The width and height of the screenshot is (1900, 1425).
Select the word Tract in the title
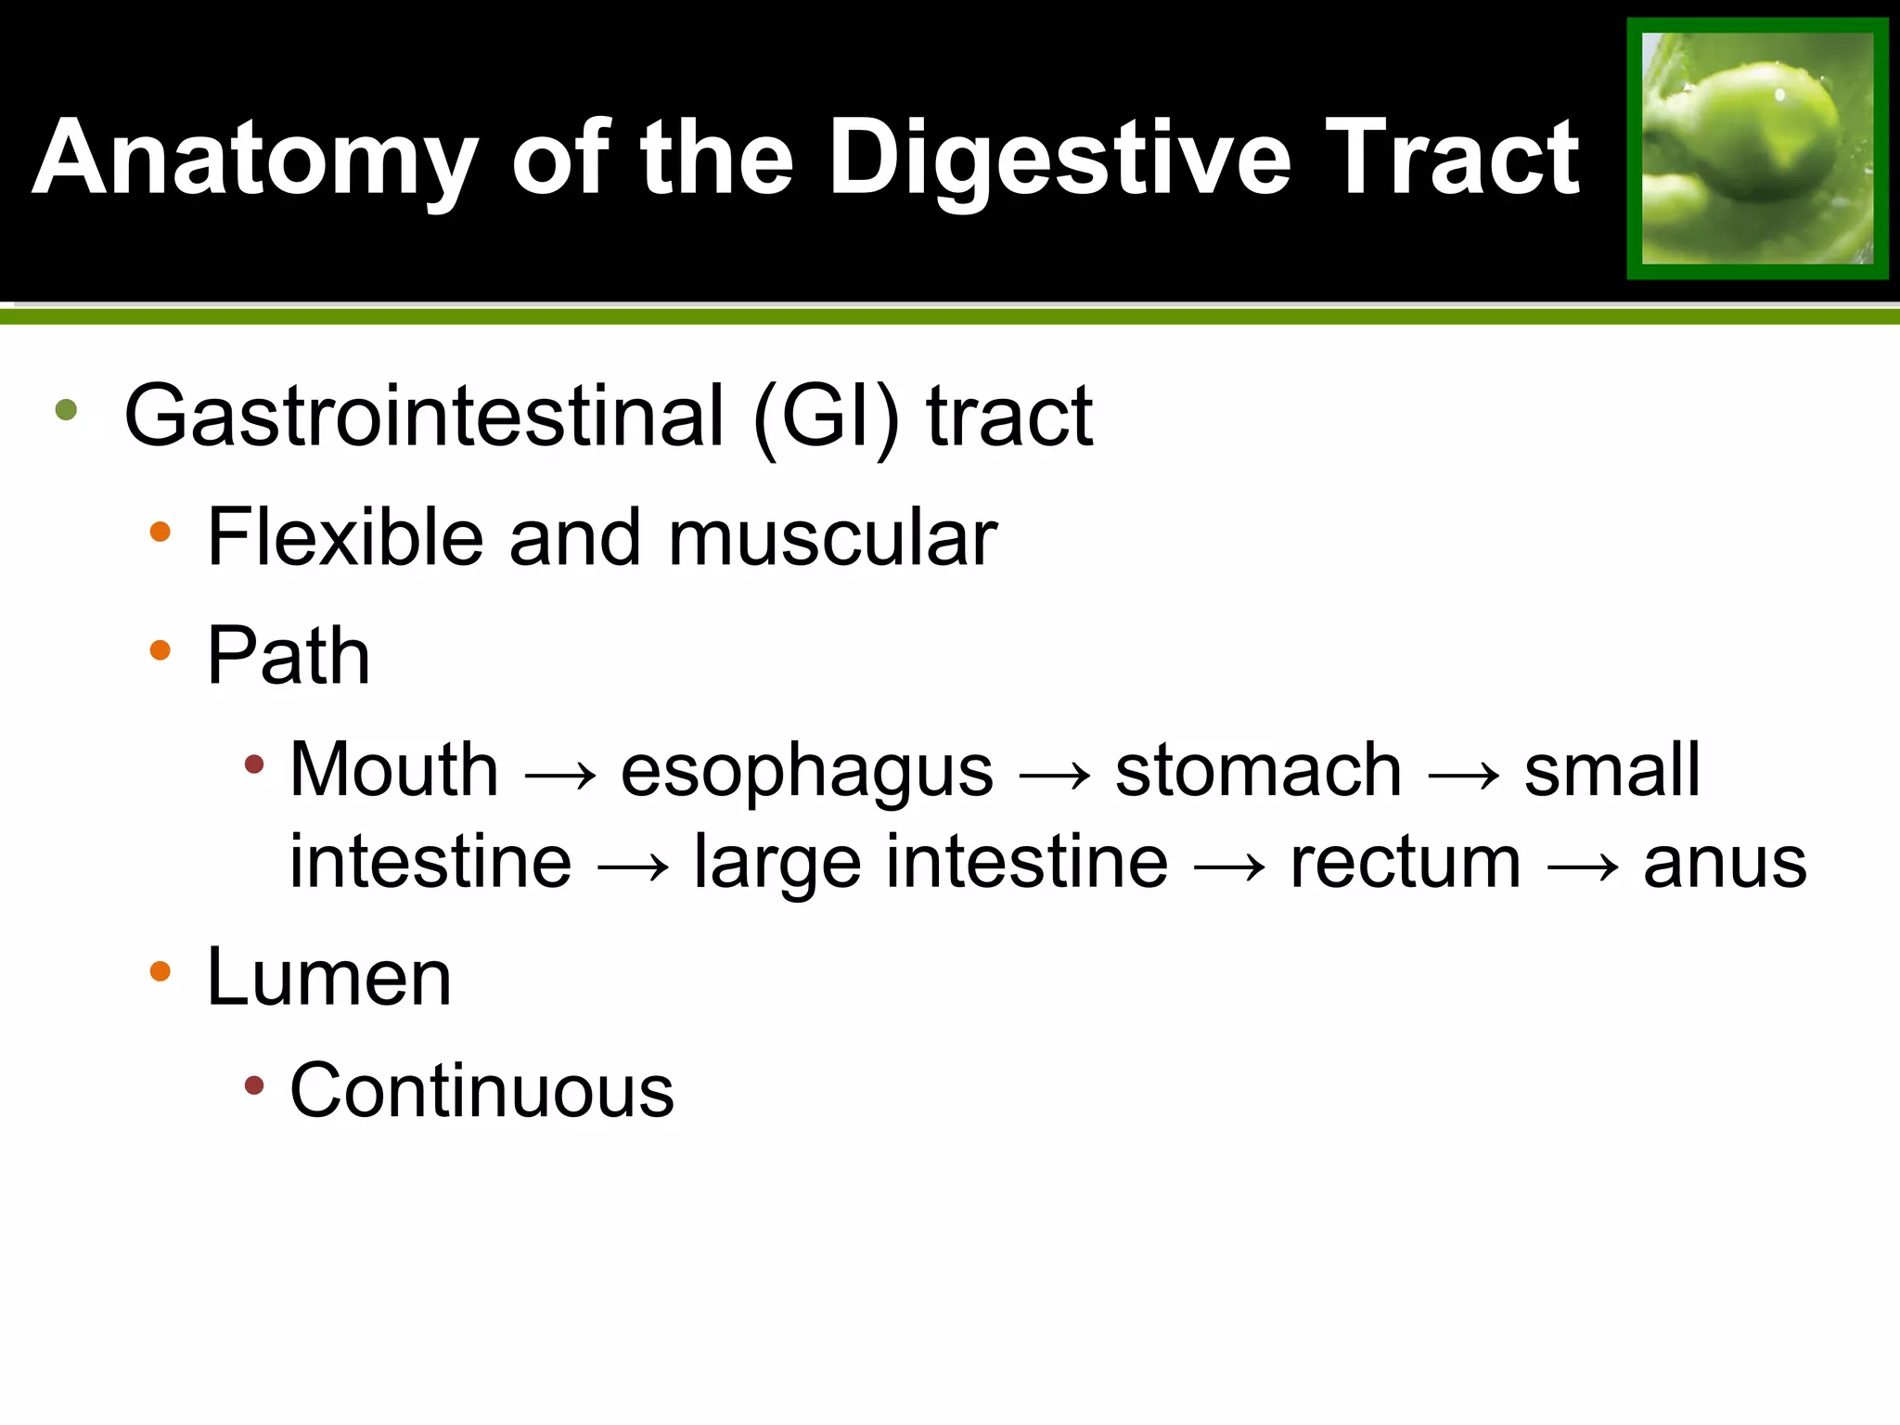(1452, 160)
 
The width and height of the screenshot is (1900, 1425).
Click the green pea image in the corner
(1757, 148)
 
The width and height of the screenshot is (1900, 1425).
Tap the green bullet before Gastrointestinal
(66, 409)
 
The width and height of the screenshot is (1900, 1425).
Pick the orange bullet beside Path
(160, 650)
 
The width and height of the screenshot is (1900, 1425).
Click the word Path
(289, 656)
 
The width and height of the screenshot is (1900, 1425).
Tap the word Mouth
(394, 769)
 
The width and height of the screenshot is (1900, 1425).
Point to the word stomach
(1258, 769)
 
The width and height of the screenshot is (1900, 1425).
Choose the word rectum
(1406, 864)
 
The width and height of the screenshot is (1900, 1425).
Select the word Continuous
(481, 1090)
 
